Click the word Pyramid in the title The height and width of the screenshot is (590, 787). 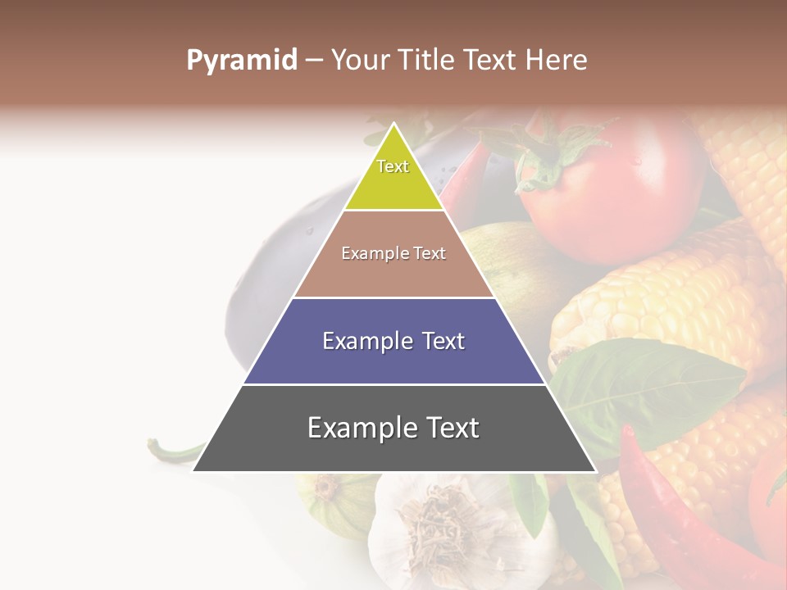click(241, 61)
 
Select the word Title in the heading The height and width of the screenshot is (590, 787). click(429, 61)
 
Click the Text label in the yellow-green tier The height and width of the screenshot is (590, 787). click(393, 166)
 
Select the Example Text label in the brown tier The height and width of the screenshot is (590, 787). click(393, 253)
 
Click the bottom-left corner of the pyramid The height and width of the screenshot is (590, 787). click(194, 470)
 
